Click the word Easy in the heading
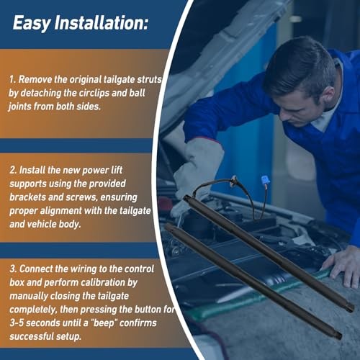point(32,23)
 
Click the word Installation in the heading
point(99,22)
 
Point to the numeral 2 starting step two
point(12,170)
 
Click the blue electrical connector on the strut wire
point(264,180)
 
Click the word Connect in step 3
point(36,269)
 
